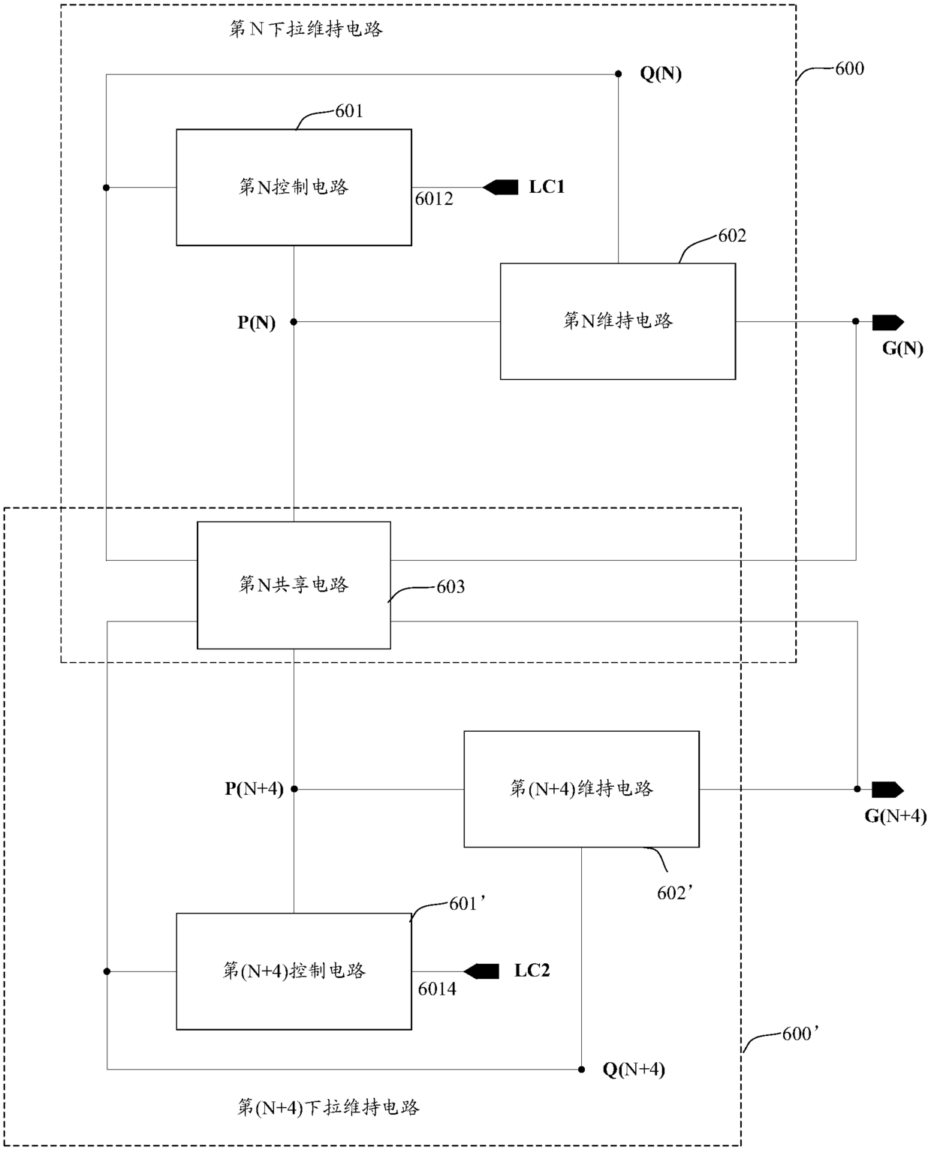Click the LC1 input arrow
[500, 188]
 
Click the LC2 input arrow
[481, 972]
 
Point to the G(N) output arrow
[887, 322]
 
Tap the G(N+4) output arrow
[887, 790]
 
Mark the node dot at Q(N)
[619, 74]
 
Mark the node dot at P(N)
[294, 322]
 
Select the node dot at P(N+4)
[294, 789]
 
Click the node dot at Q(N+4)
[582, 1070]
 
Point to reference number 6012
[434, 199]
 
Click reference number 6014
[438, 989]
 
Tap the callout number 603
[451, 587]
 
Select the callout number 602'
[675, 893]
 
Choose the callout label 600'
[801, 1034]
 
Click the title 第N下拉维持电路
[306, 29]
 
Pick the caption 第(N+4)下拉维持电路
[328, 1108]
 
